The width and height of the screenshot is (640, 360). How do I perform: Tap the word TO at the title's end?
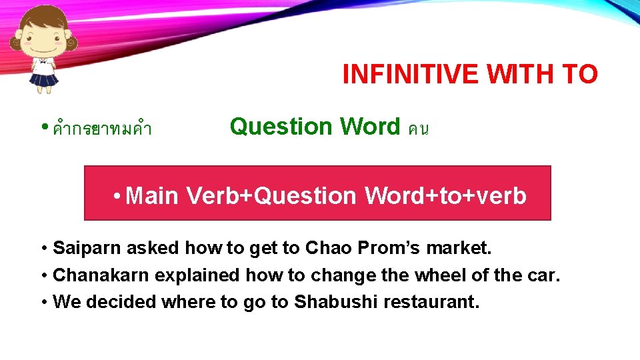point(579,75)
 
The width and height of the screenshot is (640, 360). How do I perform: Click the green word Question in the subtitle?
point(281,126)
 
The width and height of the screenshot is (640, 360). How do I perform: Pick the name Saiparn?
point(87,249)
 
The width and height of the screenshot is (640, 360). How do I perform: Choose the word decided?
point(116,302)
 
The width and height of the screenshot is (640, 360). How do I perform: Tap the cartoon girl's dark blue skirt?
point(45,81)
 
